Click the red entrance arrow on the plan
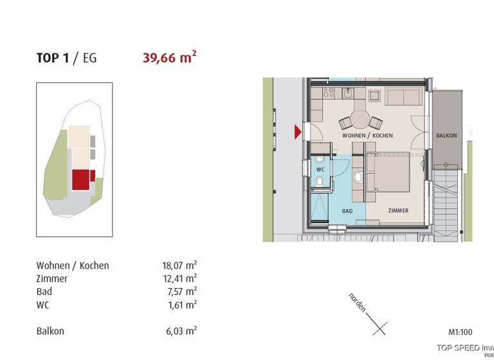tap(298, 132)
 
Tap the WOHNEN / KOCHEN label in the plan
tap(367, 136)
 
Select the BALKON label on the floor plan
tap(446, 136)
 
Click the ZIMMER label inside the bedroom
tap(398, 211)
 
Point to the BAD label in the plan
tap(347, 211)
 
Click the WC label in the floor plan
tap(320, 170)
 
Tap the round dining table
tap(360, 119)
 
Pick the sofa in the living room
tap(403, 98)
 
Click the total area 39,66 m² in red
tap(169, 58)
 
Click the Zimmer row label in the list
tap(52, 278)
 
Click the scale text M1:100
tap(460, 332)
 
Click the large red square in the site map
tap(80, 179)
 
